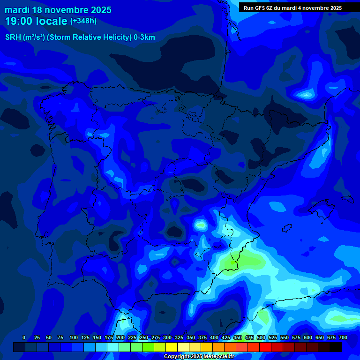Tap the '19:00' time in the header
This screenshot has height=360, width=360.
click(19, 21)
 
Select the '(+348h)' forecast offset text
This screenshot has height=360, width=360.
click(83, 21)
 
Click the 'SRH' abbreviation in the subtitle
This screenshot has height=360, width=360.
click(13, 37)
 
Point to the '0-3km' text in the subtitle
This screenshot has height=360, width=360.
click(144, 37)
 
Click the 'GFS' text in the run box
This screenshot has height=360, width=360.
click(263, 8)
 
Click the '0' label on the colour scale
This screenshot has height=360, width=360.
click(24, 337)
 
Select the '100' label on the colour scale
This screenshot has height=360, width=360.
click(73, 337)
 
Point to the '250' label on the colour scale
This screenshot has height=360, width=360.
click(143, 337)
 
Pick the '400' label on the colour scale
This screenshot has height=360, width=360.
click(214, 337)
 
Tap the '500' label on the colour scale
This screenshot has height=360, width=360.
click(261, 337)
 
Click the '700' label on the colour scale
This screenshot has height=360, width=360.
click(343, 337)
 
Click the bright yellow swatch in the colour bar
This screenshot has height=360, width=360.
click(172, 347)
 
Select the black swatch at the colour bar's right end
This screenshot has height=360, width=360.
click(336, 347)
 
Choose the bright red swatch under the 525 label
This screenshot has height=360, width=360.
click(265, 347)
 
